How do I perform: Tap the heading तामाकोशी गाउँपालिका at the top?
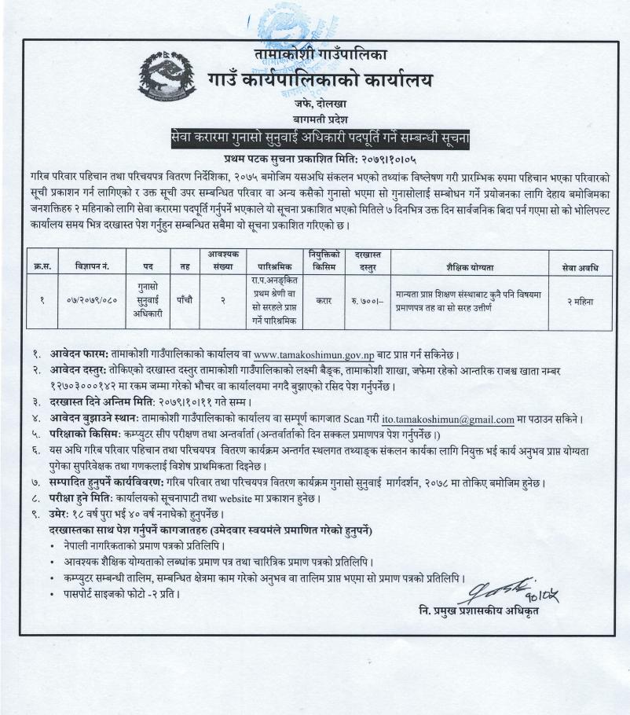pyautogui.click(x=320, y=54)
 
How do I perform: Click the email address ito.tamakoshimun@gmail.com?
pyautogui.click(x=448, y=420)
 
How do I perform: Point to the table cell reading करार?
pyautogui.click(x=323, y=300)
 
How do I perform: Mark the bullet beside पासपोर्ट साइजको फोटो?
pyautogui.click(x=53, y=593)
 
